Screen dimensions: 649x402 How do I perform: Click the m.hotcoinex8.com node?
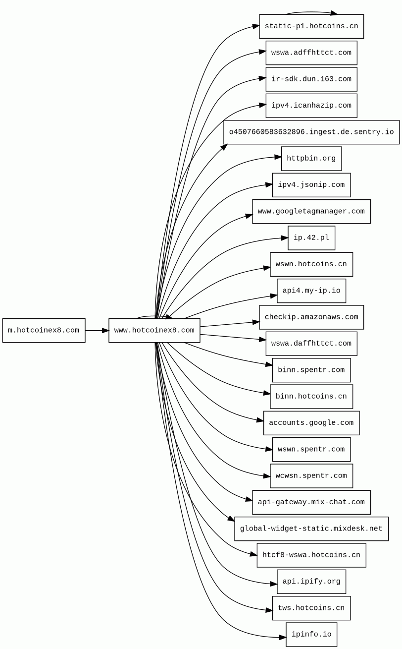pos(44,330)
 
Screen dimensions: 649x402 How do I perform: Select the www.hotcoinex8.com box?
pos(154,330)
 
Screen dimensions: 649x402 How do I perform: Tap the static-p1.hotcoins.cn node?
pos(311,26)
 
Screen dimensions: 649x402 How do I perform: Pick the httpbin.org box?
pos(311,159)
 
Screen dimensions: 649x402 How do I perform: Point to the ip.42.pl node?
pos(311,238)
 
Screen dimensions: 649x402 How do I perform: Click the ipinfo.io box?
pos(311,635)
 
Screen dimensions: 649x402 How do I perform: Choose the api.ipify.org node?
pos(311,582)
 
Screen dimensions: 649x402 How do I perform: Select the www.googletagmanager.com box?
pos(311,212)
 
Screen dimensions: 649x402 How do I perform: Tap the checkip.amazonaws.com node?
pos(311,317)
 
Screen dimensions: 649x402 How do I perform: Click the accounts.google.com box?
pos(311,423)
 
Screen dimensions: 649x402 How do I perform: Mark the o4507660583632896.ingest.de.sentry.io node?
pos(311,132)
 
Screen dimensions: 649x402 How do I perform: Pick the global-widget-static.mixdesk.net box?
pos(311,529)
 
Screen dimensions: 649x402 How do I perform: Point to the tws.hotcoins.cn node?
pos(311,608)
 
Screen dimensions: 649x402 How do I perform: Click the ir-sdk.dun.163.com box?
pos(311,79)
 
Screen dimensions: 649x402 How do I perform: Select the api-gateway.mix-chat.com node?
pos(311,502)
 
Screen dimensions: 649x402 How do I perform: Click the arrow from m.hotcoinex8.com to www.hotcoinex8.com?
pos(97,330)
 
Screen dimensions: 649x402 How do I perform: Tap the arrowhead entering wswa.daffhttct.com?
pos(262,340)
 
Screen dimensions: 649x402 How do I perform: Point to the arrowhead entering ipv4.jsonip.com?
pos(269,185)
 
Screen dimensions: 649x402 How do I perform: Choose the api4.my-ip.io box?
pos(311,291)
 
